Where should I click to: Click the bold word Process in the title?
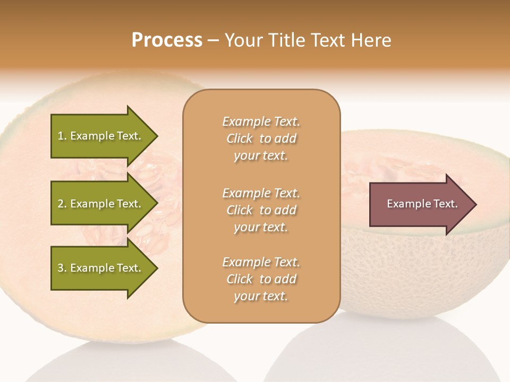tap(167, 40)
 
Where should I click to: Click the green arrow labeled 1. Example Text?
tap(101, 136)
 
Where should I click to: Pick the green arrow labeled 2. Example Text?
tap(101, 204)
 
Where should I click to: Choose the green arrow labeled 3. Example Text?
tap(101, 268)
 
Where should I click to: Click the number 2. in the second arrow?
tap(62, 204)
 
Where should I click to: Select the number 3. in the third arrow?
tap(62, 268)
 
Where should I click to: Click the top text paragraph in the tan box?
tap(261, 138)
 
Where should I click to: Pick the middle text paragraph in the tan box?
tap(261, 210)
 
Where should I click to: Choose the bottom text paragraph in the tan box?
tap(261, 279)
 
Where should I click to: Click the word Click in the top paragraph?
tap(240, 138)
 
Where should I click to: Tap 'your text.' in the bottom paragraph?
tap(261, 296)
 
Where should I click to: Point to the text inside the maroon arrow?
tap(422, 204)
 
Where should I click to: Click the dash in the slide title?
tap(214, 40)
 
